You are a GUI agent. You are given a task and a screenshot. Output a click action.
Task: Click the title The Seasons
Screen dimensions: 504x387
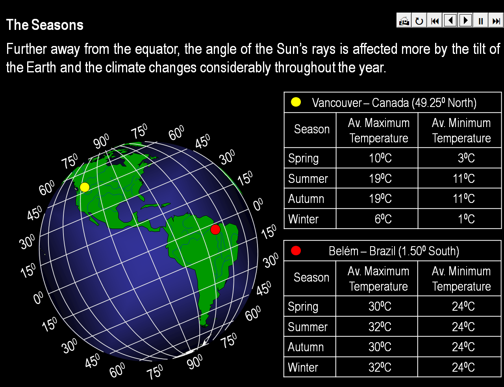click(45, 25)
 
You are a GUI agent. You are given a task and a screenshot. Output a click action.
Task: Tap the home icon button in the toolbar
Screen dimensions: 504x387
click(404, 21)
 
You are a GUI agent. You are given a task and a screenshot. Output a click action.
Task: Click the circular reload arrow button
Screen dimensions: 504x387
click(419, 21)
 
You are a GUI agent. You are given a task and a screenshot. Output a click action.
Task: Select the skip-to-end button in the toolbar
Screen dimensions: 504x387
click(496, 21)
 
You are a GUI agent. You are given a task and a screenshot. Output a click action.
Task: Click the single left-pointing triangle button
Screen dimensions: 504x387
click(450, 21)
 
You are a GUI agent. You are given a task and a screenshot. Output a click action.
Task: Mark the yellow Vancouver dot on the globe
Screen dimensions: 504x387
click(85, 187)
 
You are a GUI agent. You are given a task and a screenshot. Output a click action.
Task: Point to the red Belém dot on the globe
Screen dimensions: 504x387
click(215, 230)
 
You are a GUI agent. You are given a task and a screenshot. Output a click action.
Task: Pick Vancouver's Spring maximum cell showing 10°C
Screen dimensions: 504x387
click(377, 158)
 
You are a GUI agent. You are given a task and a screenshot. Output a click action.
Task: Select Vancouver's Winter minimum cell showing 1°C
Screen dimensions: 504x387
click(460, 219)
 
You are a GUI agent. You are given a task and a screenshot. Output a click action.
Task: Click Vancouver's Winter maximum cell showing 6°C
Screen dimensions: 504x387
click(377, 219)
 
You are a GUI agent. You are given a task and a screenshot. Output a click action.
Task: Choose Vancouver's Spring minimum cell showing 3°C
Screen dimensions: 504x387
click(460, 158)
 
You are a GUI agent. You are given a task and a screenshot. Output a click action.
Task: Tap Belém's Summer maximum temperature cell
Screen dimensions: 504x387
click(376, 326)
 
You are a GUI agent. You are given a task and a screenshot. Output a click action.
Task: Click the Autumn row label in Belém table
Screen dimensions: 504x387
click(306, 347)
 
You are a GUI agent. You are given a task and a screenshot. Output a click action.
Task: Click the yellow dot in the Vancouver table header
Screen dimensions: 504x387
click(296, 102)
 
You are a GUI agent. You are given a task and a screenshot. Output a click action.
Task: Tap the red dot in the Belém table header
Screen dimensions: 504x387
click(296, 251)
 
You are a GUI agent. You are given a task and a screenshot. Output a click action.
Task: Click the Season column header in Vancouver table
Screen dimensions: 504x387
click(312, 129)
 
